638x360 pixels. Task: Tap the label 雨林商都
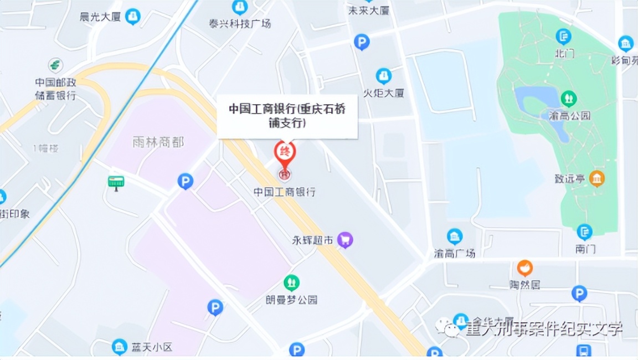pos(158,142)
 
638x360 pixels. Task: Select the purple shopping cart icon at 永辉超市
pos(346,240)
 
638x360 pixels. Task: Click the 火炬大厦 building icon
pos(383,76)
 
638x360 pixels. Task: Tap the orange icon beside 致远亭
pos(597,178)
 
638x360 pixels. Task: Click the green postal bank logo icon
pos(55,65)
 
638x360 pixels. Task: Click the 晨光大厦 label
pos(100,17)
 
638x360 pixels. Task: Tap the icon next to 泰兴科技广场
pos(240,7)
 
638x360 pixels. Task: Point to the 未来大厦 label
pos(368,11)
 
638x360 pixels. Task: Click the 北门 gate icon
pos(563,37)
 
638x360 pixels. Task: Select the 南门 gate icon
pos(584,232)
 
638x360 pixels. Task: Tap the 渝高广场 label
pos(455,253)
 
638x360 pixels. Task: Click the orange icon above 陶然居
pos(524,268)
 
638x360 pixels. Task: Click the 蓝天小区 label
pos(152,347)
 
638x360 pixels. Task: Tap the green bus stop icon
pos(116,182)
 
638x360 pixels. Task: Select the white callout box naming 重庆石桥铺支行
pos(287,116)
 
